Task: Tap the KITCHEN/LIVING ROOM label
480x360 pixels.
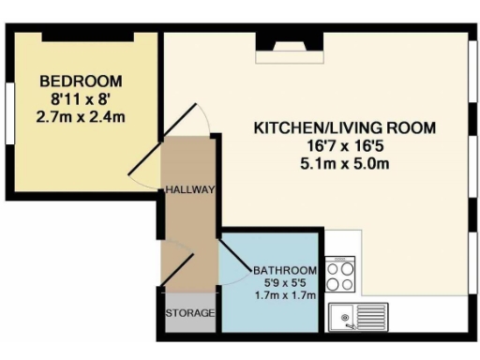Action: pyautogui.click(x=346, y=127)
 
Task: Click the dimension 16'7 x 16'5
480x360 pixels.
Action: pyautogui.click(x=346, y=145)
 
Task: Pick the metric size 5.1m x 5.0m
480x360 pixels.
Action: pyautogui.click(x=346, y=163)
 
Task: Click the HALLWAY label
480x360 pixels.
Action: pyautogui.click(x=190, y=189)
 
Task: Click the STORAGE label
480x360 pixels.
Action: pyautogui.click(x=190, y=312)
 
